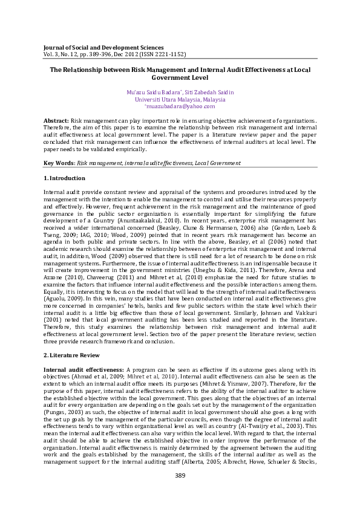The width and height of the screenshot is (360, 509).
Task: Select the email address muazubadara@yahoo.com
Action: [x=180, y=106]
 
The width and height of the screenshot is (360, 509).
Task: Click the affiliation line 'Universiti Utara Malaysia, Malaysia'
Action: [x=180, y=99]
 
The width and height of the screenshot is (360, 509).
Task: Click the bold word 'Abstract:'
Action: [x=56, y=122]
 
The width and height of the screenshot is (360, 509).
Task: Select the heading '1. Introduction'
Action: [x=64, y=178]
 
